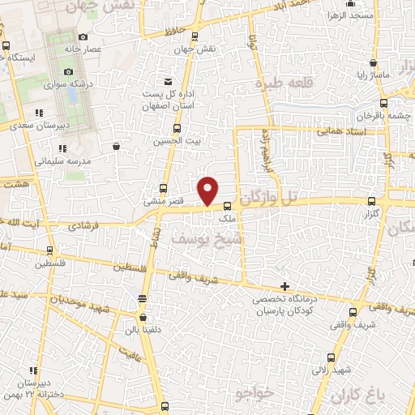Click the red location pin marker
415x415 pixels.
209,190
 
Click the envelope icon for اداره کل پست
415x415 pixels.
168,82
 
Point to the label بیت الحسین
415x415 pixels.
177,140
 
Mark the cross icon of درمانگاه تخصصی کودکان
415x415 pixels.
284,286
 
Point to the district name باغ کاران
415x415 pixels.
356,395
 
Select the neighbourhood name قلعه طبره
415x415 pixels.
284,83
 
